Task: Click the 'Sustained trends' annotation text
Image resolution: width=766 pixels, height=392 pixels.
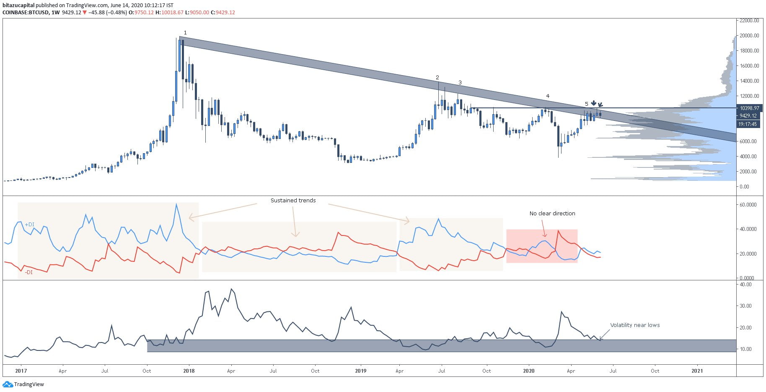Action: click(x=293, y=201)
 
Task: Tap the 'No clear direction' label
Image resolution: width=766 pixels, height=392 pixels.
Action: click(x=552, y=214)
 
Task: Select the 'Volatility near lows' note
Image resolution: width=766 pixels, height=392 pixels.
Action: click(x=634, y=325)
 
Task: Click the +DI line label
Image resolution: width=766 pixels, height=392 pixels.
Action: click(x=29, y=225)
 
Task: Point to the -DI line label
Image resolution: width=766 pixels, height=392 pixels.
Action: click(x=28, y=272)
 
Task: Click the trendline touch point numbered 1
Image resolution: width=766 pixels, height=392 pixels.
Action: click(x=185, y=33)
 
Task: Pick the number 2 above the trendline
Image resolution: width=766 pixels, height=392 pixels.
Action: click(x=437, y=78)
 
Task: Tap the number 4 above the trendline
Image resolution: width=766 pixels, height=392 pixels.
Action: click(x=548, y=96)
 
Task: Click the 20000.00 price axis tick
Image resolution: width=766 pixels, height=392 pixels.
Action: click(x=749, y=36)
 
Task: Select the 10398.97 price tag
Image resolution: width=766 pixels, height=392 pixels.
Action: click(x=749, y=108)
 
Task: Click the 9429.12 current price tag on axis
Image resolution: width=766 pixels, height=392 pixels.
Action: click(x=748, y=116)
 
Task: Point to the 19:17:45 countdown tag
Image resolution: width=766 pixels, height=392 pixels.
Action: click(x=748, y=124)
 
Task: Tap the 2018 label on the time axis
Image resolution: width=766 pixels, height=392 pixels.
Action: click(x=189, y=371)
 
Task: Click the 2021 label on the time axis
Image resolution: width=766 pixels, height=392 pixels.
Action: click(x=697, y=371)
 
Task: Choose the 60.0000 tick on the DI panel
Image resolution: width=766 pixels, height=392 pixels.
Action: click(x=748, y=205)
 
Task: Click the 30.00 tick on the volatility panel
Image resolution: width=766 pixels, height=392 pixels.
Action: click(x=746, y=306)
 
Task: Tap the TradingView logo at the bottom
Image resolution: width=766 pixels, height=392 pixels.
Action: click(x=23, y=384)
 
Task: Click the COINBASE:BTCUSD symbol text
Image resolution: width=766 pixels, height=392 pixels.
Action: click(x=25, y=13)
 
